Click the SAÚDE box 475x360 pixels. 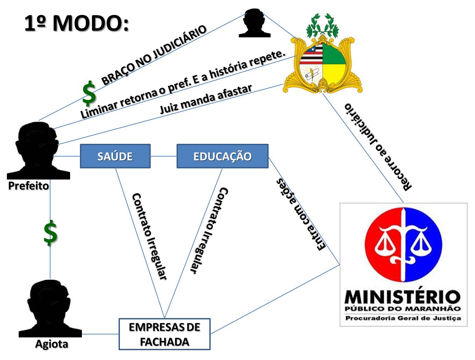point(115,156)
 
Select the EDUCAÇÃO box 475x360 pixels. point(222,156)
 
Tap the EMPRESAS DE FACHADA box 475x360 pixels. point(164,334)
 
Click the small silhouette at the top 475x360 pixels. point(255,23)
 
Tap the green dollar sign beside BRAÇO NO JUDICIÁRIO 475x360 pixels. point(89,93)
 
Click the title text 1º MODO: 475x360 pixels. point(77,24)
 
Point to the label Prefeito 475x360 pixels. point(28,186)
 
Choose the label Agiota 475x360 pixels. point(51,344)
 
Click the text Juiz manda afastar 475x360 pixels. point(206,99)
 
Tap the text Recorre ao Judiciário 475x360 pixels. point(378,147)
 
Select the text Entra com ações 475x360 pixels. point(301,215)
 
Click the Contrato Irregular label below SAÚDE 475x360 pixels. point(149,236)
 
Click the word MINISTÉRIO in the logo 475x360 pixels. point(403,297)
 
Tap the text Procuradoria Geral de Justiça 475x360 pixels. point(403,318)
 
